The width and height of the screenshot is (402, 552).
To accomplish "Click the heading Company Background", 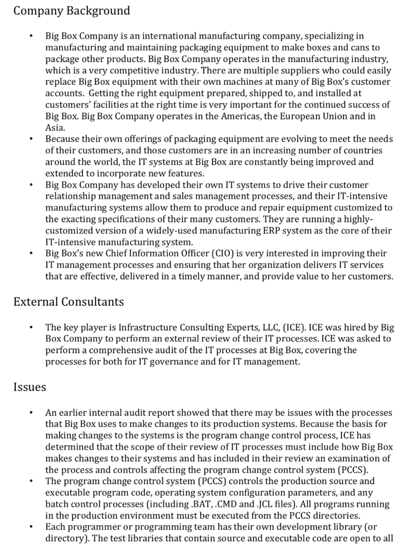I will (x=71, y=11).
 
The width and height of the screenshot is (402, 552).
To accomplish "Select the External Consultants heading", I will (x=69, y=302).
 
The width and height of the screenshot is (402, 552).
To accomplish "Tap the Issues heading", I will (x=30, y=387).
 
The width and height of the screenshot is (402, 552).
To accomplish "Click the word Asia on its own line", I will (x=54, y=127).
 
